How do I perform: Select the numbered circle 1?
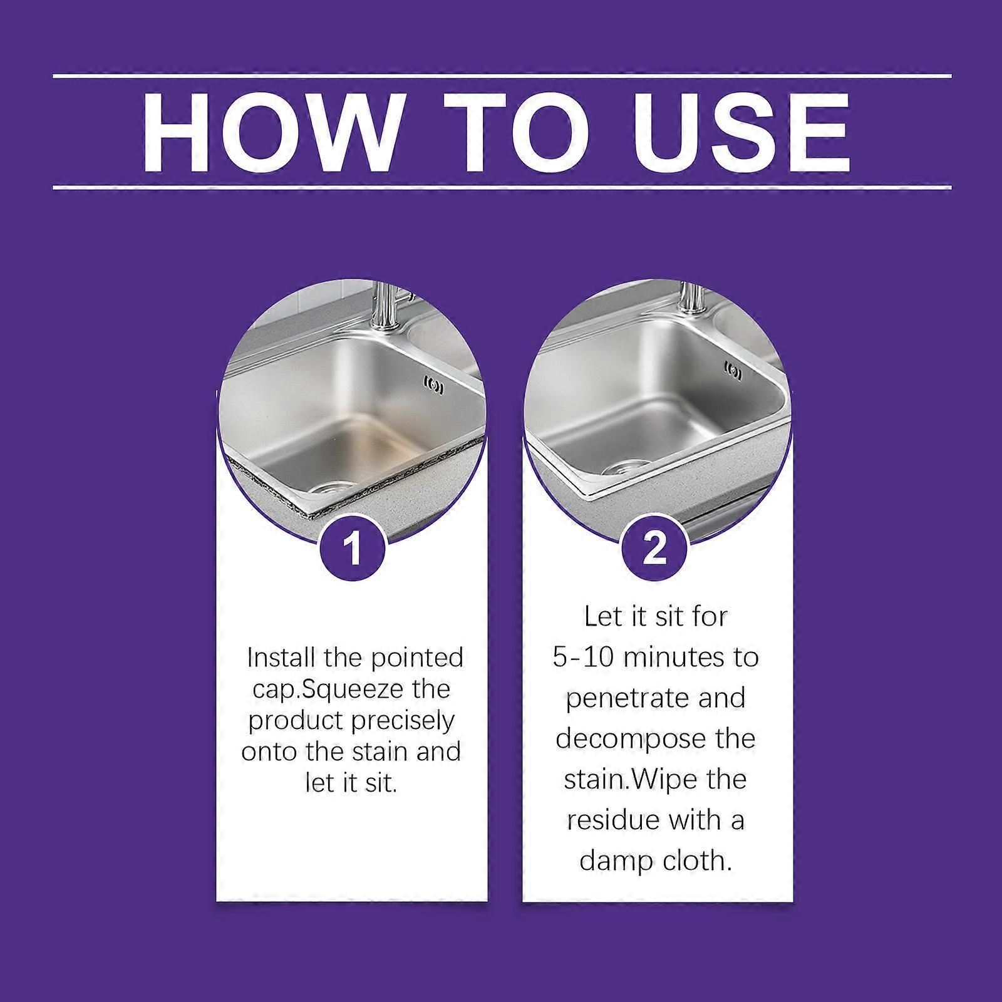coord(353,549)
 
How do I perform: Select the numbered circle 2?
coord(655,549)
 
